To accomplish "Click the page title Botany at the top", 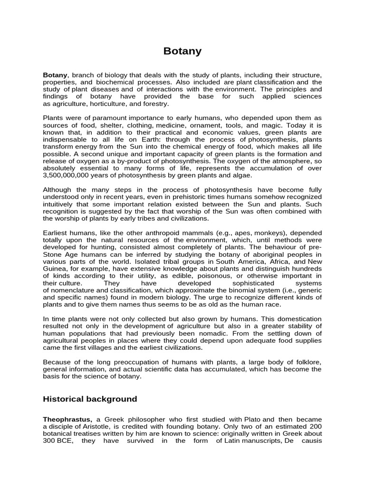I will (x=182, y=51).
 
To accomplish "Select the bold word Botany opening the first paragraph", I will (x=56, y=75).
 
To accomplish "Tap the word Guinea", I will (x=55, y=269).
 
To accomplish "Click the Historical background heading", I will (x=90, y=399).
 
